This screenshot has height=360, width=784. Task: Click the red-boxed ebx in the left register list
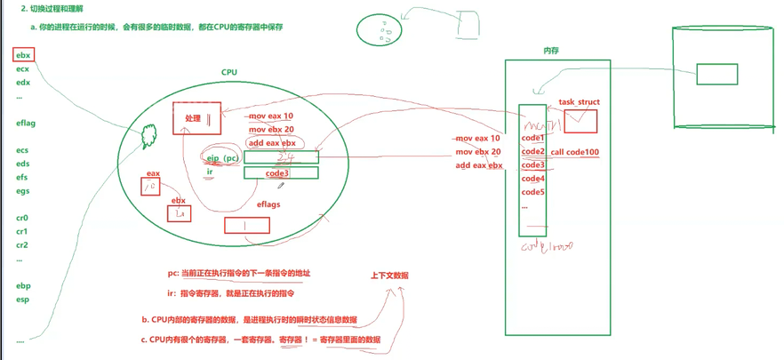click(23, 55)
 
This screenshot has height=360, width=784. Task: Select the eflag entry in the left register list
click(26, 124)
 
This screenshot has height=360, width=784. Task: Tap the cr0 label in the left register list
click(22, 218)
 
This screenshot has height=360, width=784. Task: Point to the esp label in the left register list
click(22, 300)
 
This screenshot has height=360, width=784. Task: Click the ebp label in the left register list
click(22, 286)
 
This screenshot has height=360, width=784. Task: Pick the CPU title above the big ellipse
click(229, 73)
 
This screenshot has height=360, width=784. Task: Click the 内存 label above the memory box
click(550, 51)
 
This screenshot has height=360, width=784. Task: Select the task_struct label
click(579, 102)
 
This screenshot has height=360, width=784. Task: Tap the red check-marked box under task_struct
click(581, 121)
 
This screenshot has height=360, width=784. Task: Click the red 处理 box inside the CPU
click(196, 118)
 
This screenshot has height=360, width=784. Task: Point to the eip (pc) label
click(223, 157)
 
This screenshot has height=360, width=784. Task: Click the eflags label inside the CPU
click(268, 204)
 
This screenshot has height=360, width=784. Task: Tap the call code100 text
click(575, 152)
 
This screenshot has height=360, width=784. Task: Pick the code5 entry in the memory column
click(532, 192)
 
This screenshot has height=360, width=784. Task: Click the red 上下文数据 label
click(389, 276)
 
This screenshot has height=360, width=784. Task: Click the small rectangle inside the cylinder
click(716, 74)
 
